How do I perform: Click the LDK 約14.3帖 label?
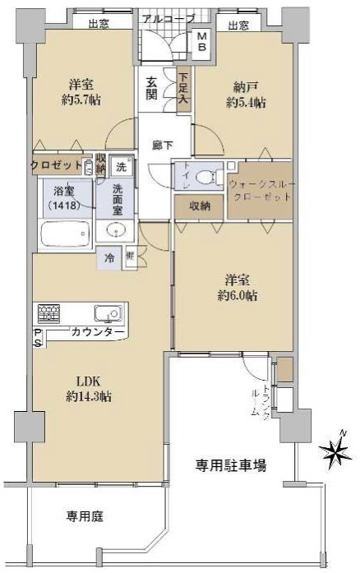[x=89, y=389]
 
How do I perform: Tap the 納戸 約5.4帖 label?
[x=246, y=95]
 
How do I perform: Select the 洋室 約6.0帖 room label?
[x=238, y=288]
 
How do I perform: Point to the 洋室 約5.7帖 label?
[x=81, y=92]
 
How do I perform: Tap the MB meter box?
[x=202, y=42]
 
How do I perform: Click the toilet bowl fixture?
[x=206, y=178]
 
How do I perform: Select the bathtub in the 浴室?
[x=65, y=234]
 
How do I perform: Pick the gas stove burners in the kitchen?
[x=48, y=313]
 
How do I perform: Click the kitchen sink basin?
[x=108, y=313]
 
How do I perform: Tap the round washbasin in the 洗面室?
[x=116, y=230]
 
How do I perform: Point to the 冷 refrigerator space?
[x=109, y=259]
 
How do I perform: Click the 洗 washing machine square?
[x=121, y=167]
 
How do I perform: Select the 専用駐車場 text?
[x=231, y=465]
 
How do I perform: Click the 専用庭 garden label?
[x=85, y=516]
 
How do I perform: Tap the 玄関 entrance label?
[x=151, y=89]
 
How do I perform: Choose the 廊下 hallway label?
[x=162, y=146]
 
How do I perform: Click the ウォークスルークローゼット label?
[x=261, y=191]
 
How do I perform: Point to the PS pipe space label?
[x=38, y=338]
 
